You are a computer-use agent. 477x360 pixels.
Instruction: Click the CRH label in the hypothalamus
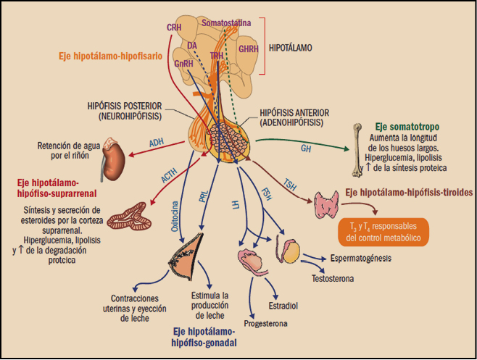click(x=174, y=28)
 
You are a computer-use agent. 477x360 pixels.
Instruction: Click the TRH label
click(x=217, y=55)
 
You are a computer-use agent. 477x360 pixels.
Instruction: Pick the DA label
click(x=192, y=46)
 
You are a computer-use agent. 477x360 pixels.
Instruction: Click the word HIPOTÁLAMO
click(x=291, y=48)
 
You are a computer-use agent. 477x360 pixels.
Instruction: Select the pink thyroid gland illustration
click(x=324, y=205)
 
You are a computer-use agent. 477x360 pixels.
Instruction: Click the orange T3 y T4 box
click(x=382, y=231)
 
